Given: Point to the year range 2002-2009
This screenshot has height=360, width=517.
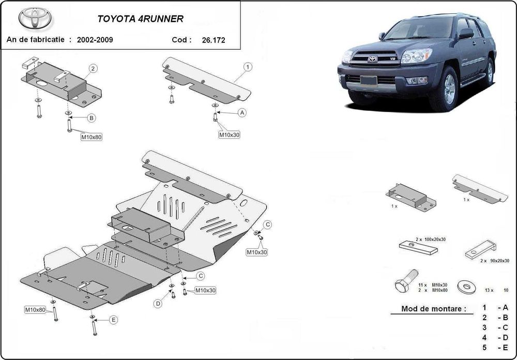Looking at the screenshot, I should pos(95,39).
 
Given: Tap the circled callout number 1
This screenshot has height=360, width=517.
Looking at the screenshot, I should pos(248,67).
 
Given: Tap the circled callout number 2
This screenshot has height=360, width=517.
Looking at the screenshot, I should pos(93,68).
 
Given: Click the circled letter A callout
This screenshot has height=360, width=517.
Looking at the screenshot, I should pos(241,112).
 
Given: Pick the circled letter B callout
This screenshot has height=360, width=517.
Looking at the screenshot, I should pos(91,118).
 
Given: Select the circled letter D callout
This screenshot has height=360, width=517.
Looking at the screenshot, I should pos(158,303).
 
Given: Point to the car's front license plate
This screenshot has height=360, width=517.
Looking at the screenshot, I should pos(368,80).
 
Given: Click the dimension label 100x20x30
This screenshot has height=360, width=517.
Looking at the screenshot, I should pos(431,241).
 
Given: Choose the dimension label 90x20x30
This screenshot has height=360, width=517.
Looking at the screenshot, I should pos(497,260).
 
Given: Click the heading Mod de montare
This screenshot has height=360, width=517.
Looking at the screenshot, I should pos(430,309).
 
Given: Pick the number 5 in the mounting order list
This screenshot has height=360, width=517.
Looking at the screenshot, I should pos(484,347).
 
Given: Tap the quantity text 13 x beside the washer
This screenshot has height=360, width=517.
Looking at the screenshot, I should pos(489,290).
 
